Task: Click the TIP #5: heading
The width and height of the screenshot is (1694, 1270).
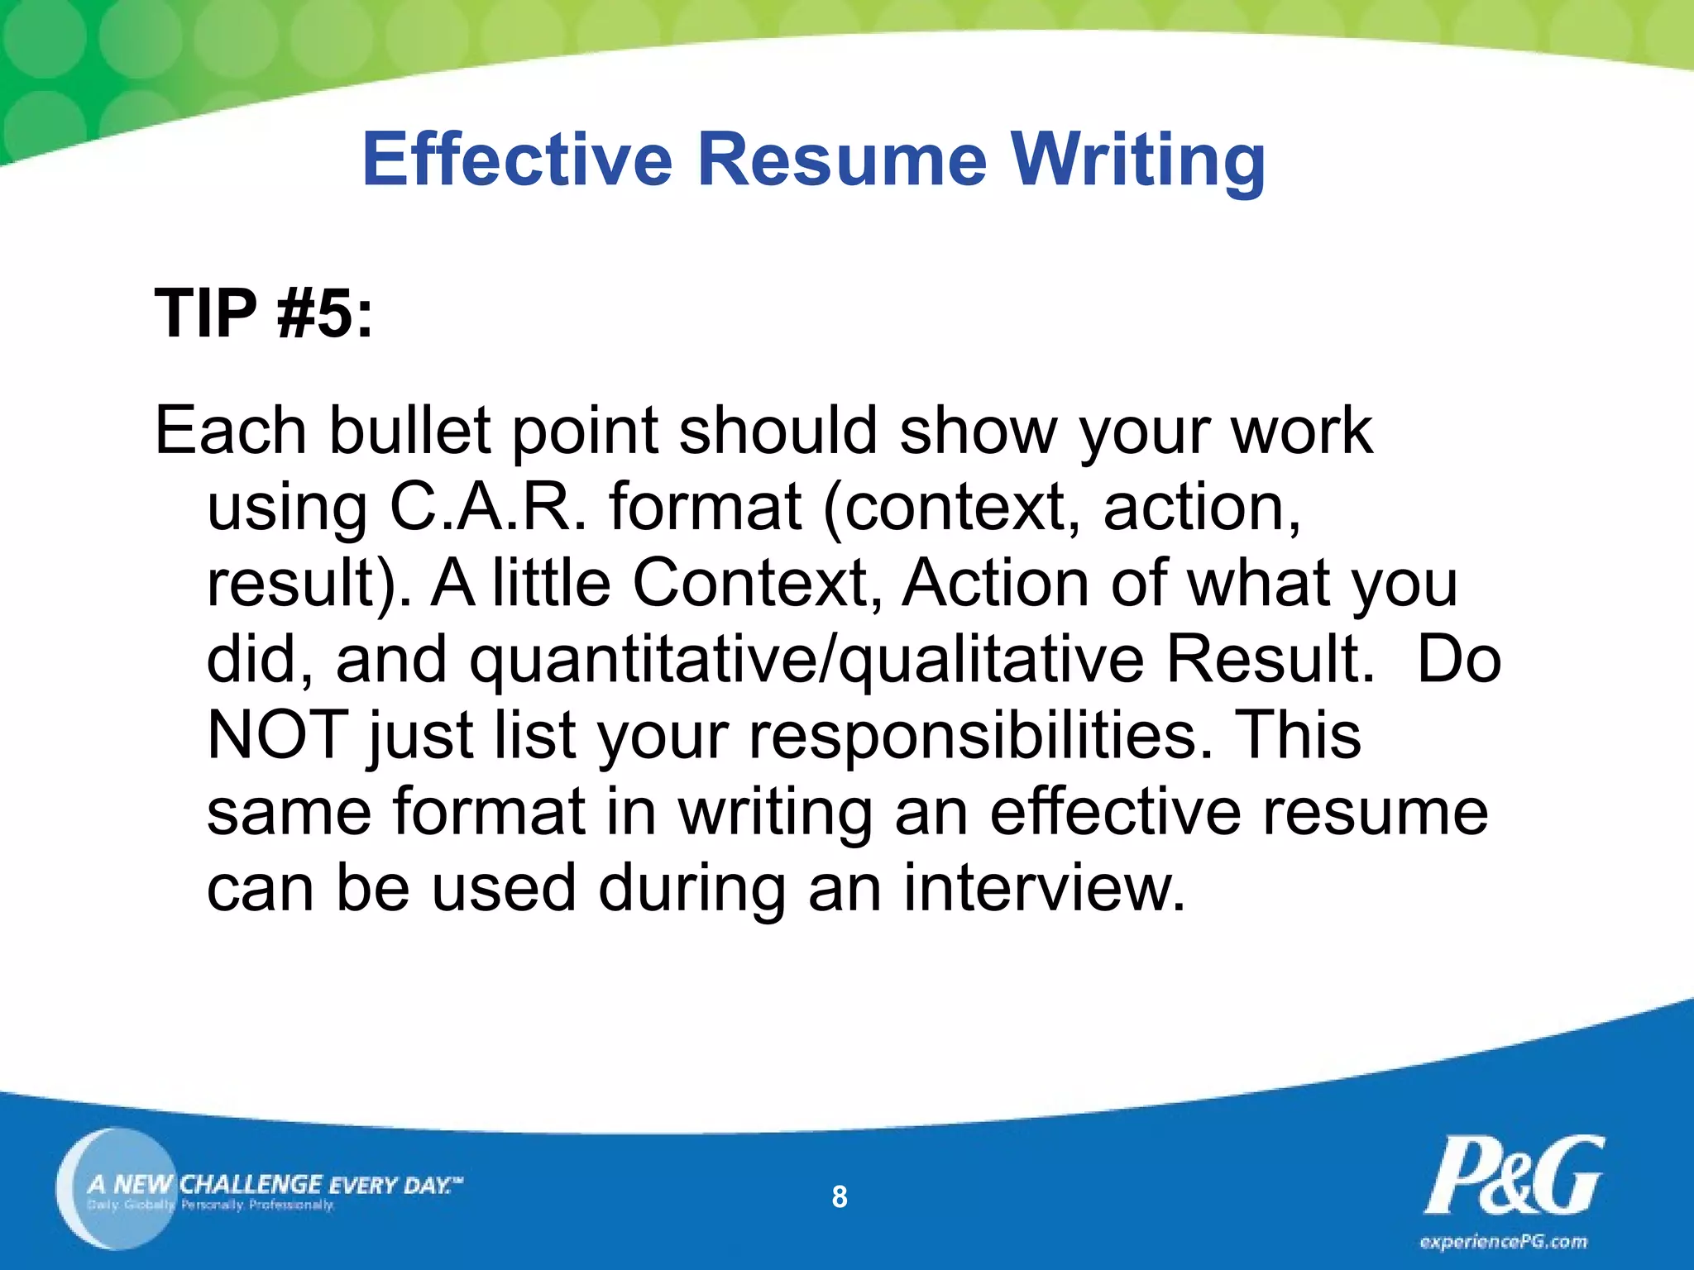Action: tap(264, 314)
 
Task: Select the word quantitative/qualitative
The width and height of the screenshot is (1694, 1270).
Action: tap(807, 660)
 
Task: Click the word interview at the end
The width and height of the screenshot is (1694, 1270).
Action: tap(1044, 888)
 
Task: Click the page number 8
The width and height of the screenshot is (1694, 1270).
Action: tap(840, 1196)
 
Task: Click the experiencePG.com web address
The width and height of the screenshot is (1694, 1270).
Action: tap(1504, 1242)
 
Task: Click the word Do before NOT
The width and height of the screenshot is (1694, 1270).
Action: tap(1459, 660)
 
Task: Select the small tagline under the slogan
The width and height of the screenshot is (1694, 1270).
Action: tap(211, 1206)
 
